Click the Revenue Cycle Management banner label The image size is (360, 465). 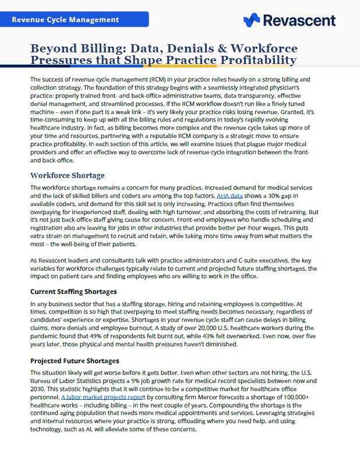[65, 20]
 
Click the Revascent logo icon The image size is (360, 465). [252, 20]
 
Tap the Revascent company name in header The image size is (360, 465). [299, 20]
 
